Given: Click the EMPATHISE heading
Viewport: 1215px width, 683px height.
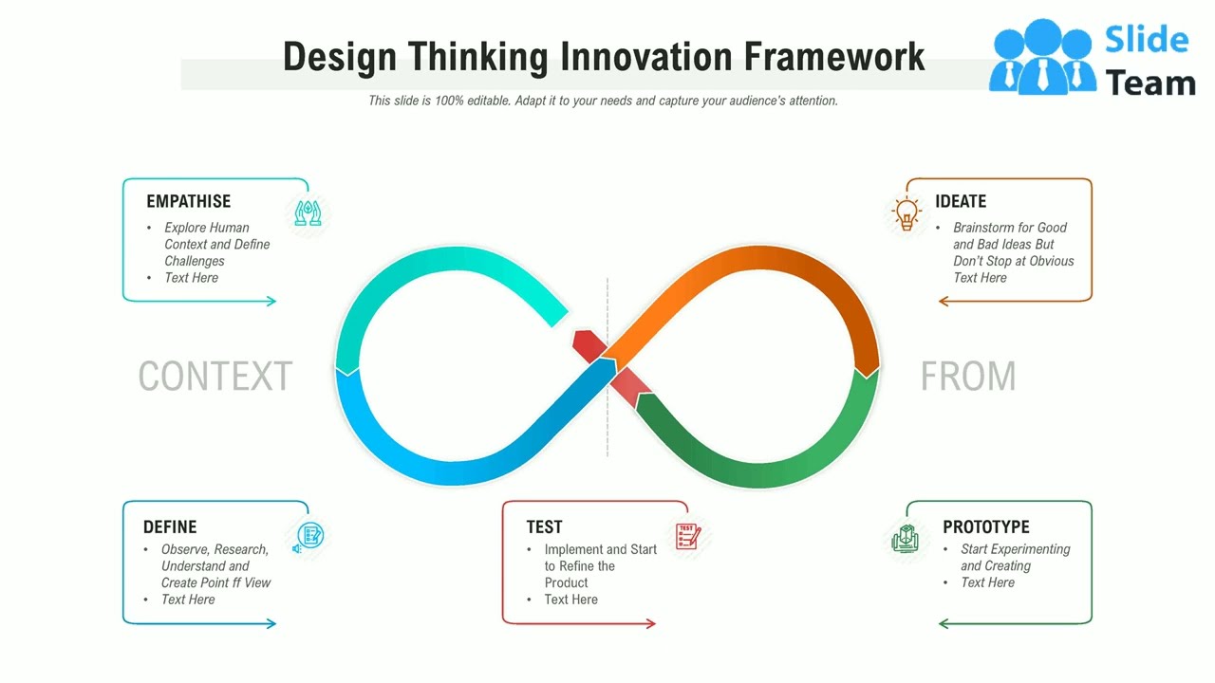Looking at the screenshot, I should coord(188,201).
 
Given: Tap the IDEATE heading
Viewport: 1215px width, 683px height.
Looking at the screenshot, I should coord(960,201).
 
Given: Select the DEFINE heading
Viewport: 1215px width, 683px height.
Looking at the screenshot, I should coord(170,527).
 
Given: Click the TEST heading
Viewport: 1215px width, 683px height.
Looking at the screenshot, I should coord(544,527).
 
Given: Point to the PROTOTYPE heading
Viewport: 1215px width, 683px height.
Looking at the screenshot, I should coord(985,527).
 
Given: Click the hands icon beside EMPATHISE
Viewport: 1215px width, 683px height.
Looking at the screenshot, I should coord(308,212).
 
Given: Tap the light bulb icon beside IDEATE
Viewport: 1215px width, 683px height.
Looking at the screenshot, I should coord(907,213).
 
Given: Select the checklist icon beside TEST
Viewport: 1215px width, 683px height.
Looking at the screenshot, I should coord(687,536).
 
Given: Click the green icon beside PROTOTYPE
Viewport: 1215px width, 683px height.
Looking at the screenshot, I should coord(906,539).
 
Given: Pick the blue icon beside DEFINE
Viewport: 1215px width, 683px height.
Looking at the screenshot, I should coord(308,537).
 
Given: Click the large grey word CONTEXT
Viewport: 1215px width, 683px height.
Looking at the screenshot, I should coord(215,377).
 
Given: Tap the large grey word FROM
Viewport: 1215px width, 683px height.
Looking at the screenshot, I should coord(967,377).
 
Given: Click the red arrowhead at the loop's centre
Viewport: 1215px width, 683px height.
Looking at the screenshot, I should coord(589,345).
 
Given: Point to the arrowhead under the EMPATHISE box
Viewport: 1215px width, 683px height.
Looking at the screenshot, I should coord(271,302).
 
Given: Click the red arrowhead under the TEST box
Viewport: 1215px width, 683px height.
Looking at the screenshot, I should coord(651,623).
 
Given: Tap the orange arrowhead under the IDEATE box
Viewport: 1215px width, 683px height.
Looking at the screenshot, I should coord(944,302).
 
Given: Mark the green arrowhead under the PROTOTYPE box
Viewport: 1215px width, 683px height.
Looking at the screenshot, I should coord(944,623).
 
